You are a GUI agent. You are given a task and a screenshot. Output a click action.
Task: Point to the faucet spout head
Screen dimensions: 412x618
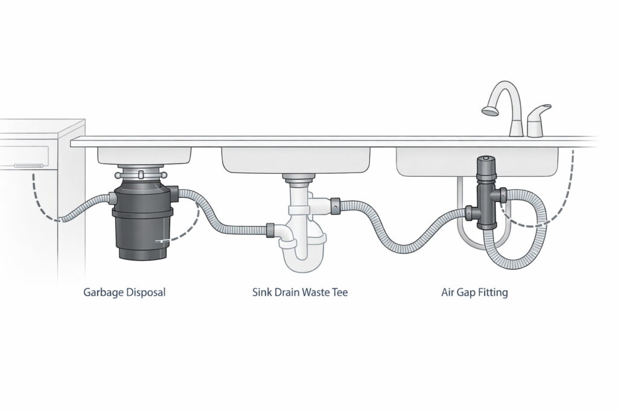point(489,110)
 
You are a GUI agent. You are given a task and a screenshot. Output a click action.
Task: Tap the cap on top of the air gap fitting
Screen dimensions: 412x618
point(485,163)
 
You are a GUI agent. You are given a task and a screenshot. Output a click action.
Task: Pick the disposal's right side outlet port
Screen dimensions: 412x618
point(176,193)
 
